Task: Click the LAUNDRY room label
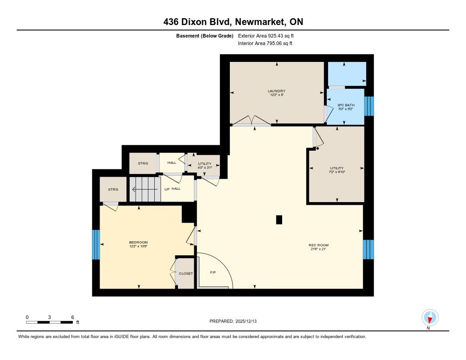(x=276, y=91)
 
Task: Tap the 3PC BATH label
(x=346, y=105)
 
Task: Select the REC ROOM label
(x=318, y=245)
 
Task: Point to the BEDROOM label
(x=138, y=242)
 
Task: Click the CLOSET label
(x=186, y=274)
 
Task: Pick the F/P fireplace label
(x=213, y=272)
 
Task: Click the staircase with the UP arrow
(x=145, y=189)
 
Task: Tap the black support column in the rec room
(x=279, y=220)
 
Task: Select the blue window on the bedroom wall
(x=96, y=245)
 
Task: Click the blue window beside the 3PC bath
(x=369, y=106)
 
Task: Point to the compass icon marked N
(x=430, y=318)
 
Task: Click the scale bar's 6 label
(x=72, y=317)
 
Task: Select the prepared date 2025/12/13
(x=246, y=321)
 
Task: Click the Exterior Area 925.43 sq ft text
(x=266, y=36)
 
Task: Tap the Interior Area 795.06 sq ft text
(x=265, y=43)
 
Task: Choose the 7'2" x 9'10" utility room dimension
(x=337, y=172)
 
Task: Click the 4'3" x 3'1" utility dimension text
(x=205, y=167)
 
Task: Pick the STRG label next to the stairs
(x=113, y=189)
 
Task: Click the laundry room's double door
(x=251, y=121)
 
